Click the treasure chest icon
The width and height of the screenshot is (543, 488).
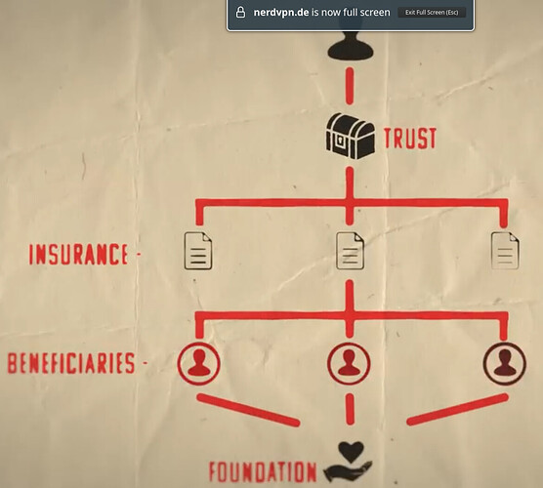tap(350, 136)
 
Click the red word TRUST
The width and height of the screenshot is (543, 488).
tap(410, 139)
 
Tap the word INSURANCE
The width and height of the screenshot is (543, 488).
tap(78, 255)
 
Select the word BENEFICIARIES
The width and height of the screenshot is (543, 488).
tap(71, 363)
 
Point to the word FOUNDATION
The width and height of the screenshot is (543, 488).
tap(263, 471)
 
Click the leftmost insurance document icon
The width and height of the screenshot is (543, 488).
tap(198, 251)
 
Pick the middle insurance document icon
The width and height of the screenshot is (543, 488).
tap(350, 251)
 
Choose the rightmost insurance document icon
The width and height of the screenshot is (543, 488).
tap(505, 251)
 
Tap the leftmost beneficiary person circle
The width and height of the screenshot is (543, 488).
tap(199, 364)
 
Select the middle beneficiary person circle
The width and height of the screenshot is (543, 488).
tap(349, 364)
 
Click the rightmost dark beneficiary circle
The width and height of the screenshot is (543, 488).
tap(505, 364)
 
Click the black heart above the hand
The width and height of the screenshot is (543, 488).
tap(351, 452)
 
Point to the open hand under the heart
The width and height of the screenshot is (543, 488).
tap(348, 471)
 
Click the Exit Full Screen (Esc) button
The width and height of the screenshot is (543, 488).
tap(432, 13)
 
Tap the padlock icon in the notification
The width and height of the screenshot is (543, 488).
tap(240, 12)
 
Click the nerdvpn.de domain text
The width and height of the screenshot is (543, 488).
tap(281, 13)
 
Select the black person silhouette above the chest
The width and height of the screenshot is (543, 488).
tap(351, 45)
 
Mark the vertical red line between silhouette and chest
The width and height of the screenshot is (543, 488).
tap(350, 86)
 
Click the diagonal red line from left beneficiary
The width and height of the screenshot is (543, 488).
tap(248, 410)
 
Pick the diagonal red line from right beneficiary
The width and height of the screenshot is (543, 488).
tap(457, 409)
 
